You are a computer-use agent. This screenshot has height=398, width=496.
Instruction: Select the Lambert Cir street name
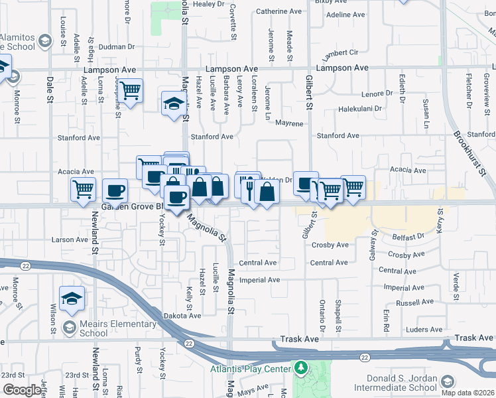(340, 52)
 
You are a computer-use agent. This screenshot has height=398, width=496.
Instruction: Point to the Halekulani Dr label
(361, 109)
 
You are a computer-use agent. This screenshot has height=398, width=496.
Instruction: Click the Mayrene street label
(289, 123)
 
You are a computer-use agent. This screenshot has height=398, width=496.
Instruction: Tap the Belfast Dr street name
(407, 236)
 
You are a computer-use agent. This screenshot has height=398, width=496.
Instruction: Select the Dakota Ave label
(182, 316)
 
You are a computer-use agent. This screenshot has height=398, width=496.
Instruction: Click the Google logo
(22, 390)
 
